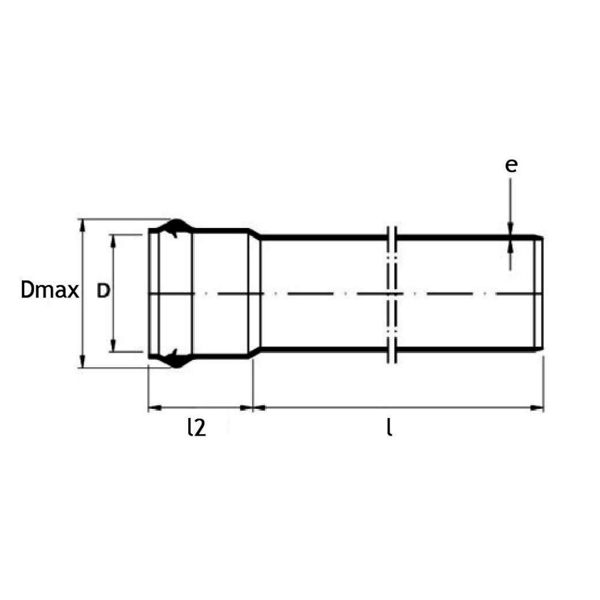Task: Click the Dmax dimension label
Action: tap(50, 291)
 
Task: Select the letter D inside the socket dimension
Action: tap(103, 292)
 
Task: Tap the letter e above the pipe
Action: tap(512, 165)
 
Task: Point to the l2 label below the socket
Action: tap(197, 428)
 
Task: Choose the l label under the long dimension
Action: tap(390, 428)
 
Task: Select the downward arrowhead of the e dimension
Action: tap(511, 228)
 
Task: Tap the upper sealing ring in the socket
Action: tap(173, 228)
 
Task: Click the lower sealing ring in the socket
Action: tap(173, 358)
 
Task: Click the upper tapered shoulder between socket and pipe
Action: tap(255, 233)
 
